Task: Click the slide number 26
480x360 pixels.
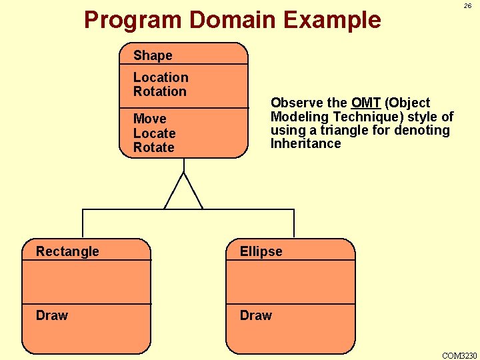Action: (467, 5)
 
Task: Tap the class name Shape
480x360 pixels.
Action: (153, 55)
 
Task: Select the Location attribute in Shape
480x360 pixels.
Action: (161, 77)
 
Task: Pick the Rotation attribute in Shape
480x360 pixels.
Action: (160, 91)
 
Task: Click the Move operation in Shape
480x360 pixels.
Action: (149, 119)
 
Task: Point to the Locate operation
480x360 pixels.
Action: (154, 133)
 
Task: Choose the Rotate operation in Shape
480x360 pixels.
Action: (153, 147)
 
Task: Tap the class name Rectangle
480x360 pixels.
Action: (67, 251)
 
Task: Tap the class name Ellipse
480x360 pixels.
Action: (261, 251)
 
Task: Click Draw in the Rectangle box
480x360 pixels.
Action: (52, 315)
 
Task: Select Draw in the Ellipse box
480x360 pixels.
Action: (256, 315)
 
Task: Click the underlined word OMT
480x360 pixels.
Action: (366, 103)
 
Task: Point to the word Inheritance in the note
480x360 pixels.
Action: (305, 143)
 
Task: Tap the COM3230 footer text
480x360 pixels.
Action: (460, 355)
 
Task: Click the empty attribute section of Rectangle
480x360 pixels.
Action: (87, 281)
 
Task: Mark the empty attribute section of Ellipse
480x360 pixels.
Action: (291, 281)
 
